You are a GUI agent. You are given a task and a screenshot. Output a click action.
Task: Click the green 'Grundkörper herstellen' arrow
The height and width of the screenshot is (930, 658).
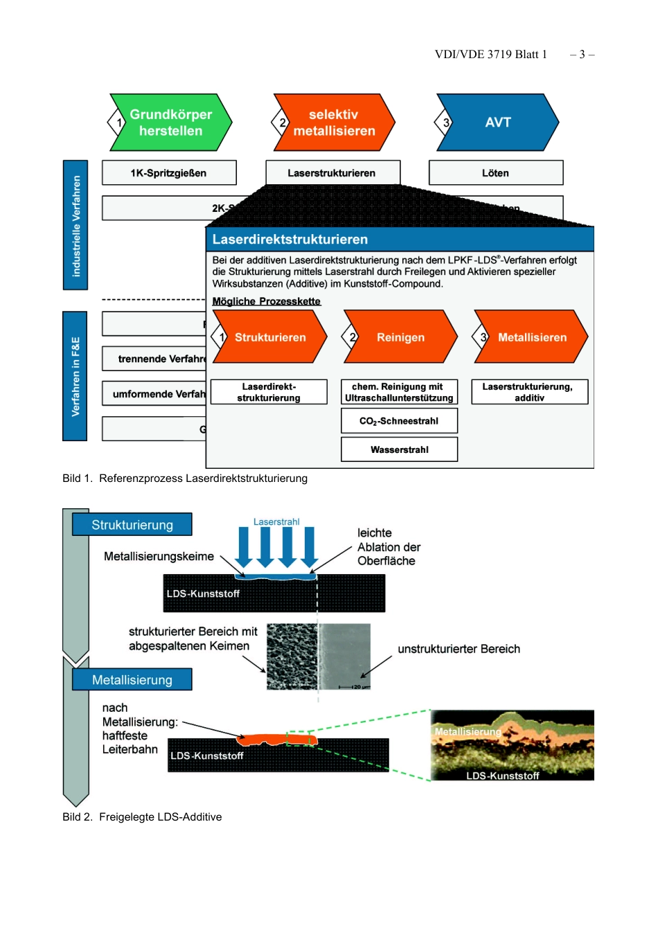(x=170, y=123)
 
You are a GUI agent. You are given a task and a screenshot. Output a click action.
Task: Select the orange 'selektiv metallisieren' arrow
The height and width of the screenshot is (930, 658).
(x=334, y=123)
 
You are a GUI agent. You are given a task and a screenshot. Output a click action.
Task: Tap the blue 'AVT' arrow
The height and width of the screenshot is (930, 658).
(x=497, y=123)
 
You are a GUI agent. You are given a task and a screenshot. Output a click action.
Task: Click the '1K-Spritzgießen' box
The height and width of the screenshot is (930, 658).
(x=169, y=173)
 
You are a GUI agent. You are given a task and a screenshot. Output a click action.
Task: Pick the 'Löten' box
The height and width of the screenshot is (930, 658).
(x=496, y=173)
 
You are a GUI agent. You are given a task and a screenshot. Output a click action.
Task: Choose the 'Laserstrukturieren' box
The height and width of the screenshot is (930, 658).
(x=332, y=173)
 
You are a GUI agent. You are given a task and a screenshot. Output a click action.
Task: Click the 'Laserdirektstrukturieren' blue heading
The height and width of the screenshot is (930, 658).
(x=290, y=240)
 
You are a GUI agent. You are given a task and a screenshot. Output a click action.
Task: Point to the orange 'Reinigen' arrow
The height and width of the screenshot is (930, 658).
(x=400, y=337)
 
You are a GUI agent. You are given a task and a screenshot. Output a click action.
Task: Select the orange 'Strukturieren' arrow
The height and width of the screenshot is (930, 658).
(x=269, y=337)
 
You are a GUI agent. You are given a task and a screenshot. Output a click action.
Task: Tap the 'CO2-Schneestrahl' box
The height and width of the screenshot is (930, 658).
(x=399, y=421)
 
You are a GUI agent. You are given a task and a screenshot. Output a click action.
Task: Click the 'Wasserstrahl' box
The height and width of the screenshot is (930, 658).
(x=399, y=449)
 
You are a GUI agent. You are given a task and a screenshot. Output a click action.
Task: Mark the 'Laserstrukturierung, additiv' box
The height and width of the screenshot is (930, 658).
(x=529, y=392)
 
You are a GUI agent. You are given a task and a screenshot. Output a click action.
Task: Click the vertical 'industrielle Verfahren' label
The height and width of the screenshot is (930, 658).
(x=75, y=226)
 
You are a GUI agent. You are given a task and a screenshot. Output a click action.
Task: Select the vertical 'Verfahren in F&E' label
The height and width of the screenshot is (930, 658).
(x=75, y=376)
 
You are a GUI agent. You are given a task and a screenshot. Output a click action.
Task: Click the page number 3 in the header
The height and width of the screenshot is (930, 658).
(x=582, y=55)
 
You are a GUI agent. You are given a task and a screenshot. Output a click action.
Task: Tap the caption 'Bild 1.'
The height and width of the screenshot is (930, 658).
(x=77, y=479)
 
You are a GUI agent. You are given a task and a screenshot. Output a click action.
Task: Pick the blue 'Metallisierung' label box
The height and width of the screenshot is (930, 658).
(x=132, y=680)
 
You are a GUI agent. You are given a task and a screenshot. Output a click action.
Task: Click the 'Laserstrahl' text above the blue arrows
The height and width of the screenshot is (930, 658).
(x=276, y=522)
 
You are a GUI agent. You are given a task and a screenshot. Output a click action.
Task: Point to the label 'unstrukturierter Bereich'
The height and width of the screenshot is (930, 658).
(x=459, y=649)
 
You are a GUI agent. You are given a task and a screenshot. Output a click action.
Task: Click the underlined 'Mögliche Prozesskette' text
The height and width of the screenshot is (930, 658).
(x=266, y=301)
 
